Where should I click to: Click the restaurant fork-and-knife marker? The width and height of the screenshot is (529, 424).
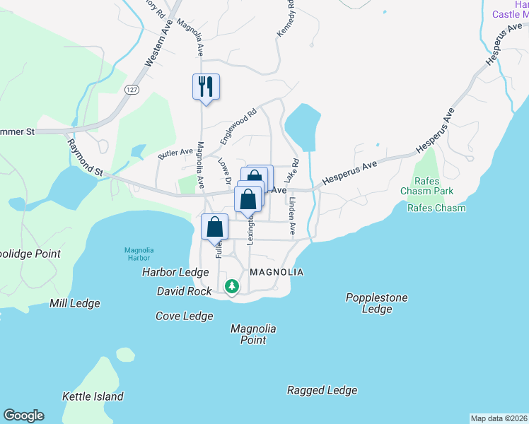pyautogui.click(x=206, y=87)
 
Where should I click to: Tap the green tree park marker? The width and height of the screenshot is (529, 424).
pyautogui.click(x=232, y=286)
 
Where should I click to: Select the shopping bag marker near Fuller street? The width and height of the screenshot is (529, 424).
pyautogui.click(x=215, y=228)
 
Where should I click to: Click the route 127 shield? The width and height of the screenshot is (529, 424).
pyautogui.click(x=132, y=90)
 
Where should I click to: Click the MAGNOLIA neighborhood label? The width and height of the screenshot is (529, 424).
pyautogui.click(x=277, y=272)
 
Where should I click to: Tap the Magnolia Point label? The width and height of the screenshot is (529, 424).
pyautogui.click(x=253, y=334)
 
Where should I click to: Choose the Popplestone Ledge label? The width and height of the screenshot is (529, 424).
pyautogui.click(x=376, y=303)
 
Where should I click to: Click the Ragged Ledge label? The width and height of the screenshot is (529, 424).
pyautogui.click(x=322, y=390)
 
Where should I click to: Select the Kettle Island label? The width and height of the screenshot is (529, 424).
pyautogui.click(x=93, y=396)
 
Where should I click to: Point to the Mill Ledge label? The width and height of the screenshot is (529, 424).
pyautogui.click(x=74, y=303)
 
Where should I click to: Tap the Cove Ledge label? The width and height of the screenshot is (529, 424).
pyautogui.click(x=185, y=316)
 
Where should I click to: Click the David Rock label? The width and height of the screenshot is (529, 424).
pyautogui.click(x=184, y=291)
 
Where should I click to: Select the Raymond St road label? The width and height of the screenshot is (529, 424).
pyautogui.click(x=86, y=157)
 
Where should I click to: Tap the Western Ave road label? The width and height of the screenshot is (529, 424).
pyautogui.click(x=159, y=44)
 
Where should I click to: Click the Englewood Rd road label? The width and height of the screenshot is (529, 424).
pyautogui.click(x=237, y=123)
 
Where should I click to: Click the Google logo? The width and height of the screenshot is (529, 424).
pyautogui.click(x=24, y=416)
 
